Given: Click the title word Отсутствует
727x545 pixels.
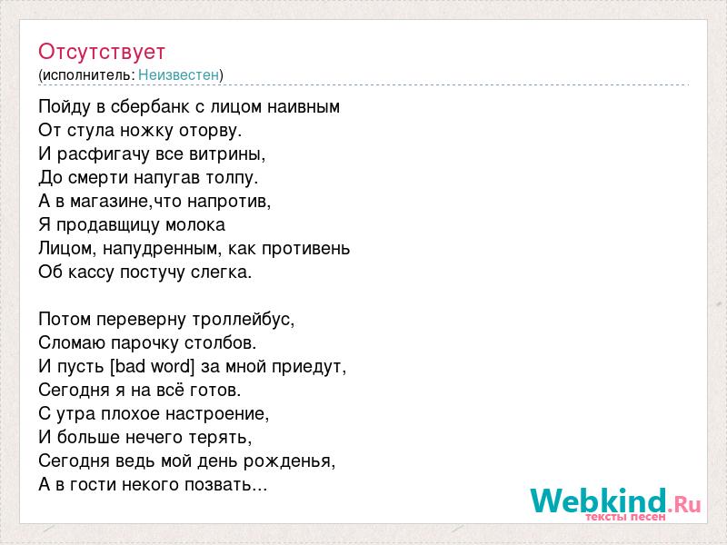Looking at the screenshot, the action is point(102,52).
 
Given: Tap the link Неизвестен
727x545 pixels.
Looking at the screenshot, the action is point(178,74).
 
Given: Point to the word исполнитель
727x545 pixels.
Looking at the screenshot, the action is point(88,75).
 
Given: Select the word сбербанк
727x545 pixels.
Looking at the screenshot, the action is point(151,106).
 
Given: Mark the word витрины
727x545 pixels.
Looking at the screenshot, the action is point(227,154).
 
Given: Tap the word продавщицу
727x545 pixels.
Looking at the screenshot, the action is point(108,225).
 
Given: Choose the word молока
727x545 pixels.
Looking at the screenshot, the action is point(195,224).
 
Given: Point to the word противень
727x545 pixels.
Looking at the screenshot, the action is point(305,249).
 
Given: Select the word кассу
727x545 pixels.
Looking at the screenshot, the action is point(91,272).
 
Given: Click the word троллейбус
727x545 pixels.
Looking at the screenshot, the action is point(244,320).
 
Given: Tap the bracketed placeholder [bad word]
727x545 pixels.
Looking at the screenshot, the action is point(153,367).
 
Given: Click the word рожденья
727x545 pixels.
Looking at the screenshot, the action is point(289,461).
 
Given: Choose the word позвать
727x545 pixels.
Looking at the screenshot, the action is point(226,484).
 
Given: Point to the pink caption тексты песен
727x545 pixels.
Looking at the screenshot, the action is point(625,517).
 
